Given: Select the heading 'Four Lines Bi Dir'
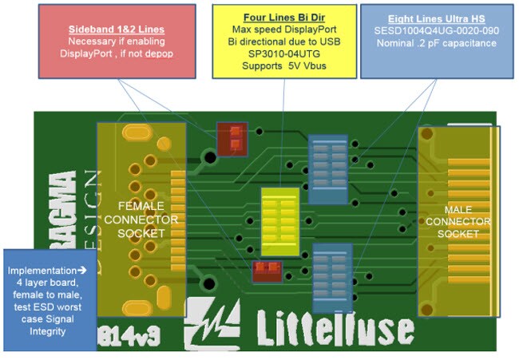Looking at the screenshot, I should tap(279, 18).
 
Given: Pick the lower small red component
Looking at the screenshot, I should tap(267, 271).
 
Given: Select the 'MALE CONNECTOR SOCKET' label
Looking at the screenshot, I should tap(457, 221).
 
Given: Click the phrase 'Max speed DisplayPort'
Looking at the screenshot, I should tap(279, 30).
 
